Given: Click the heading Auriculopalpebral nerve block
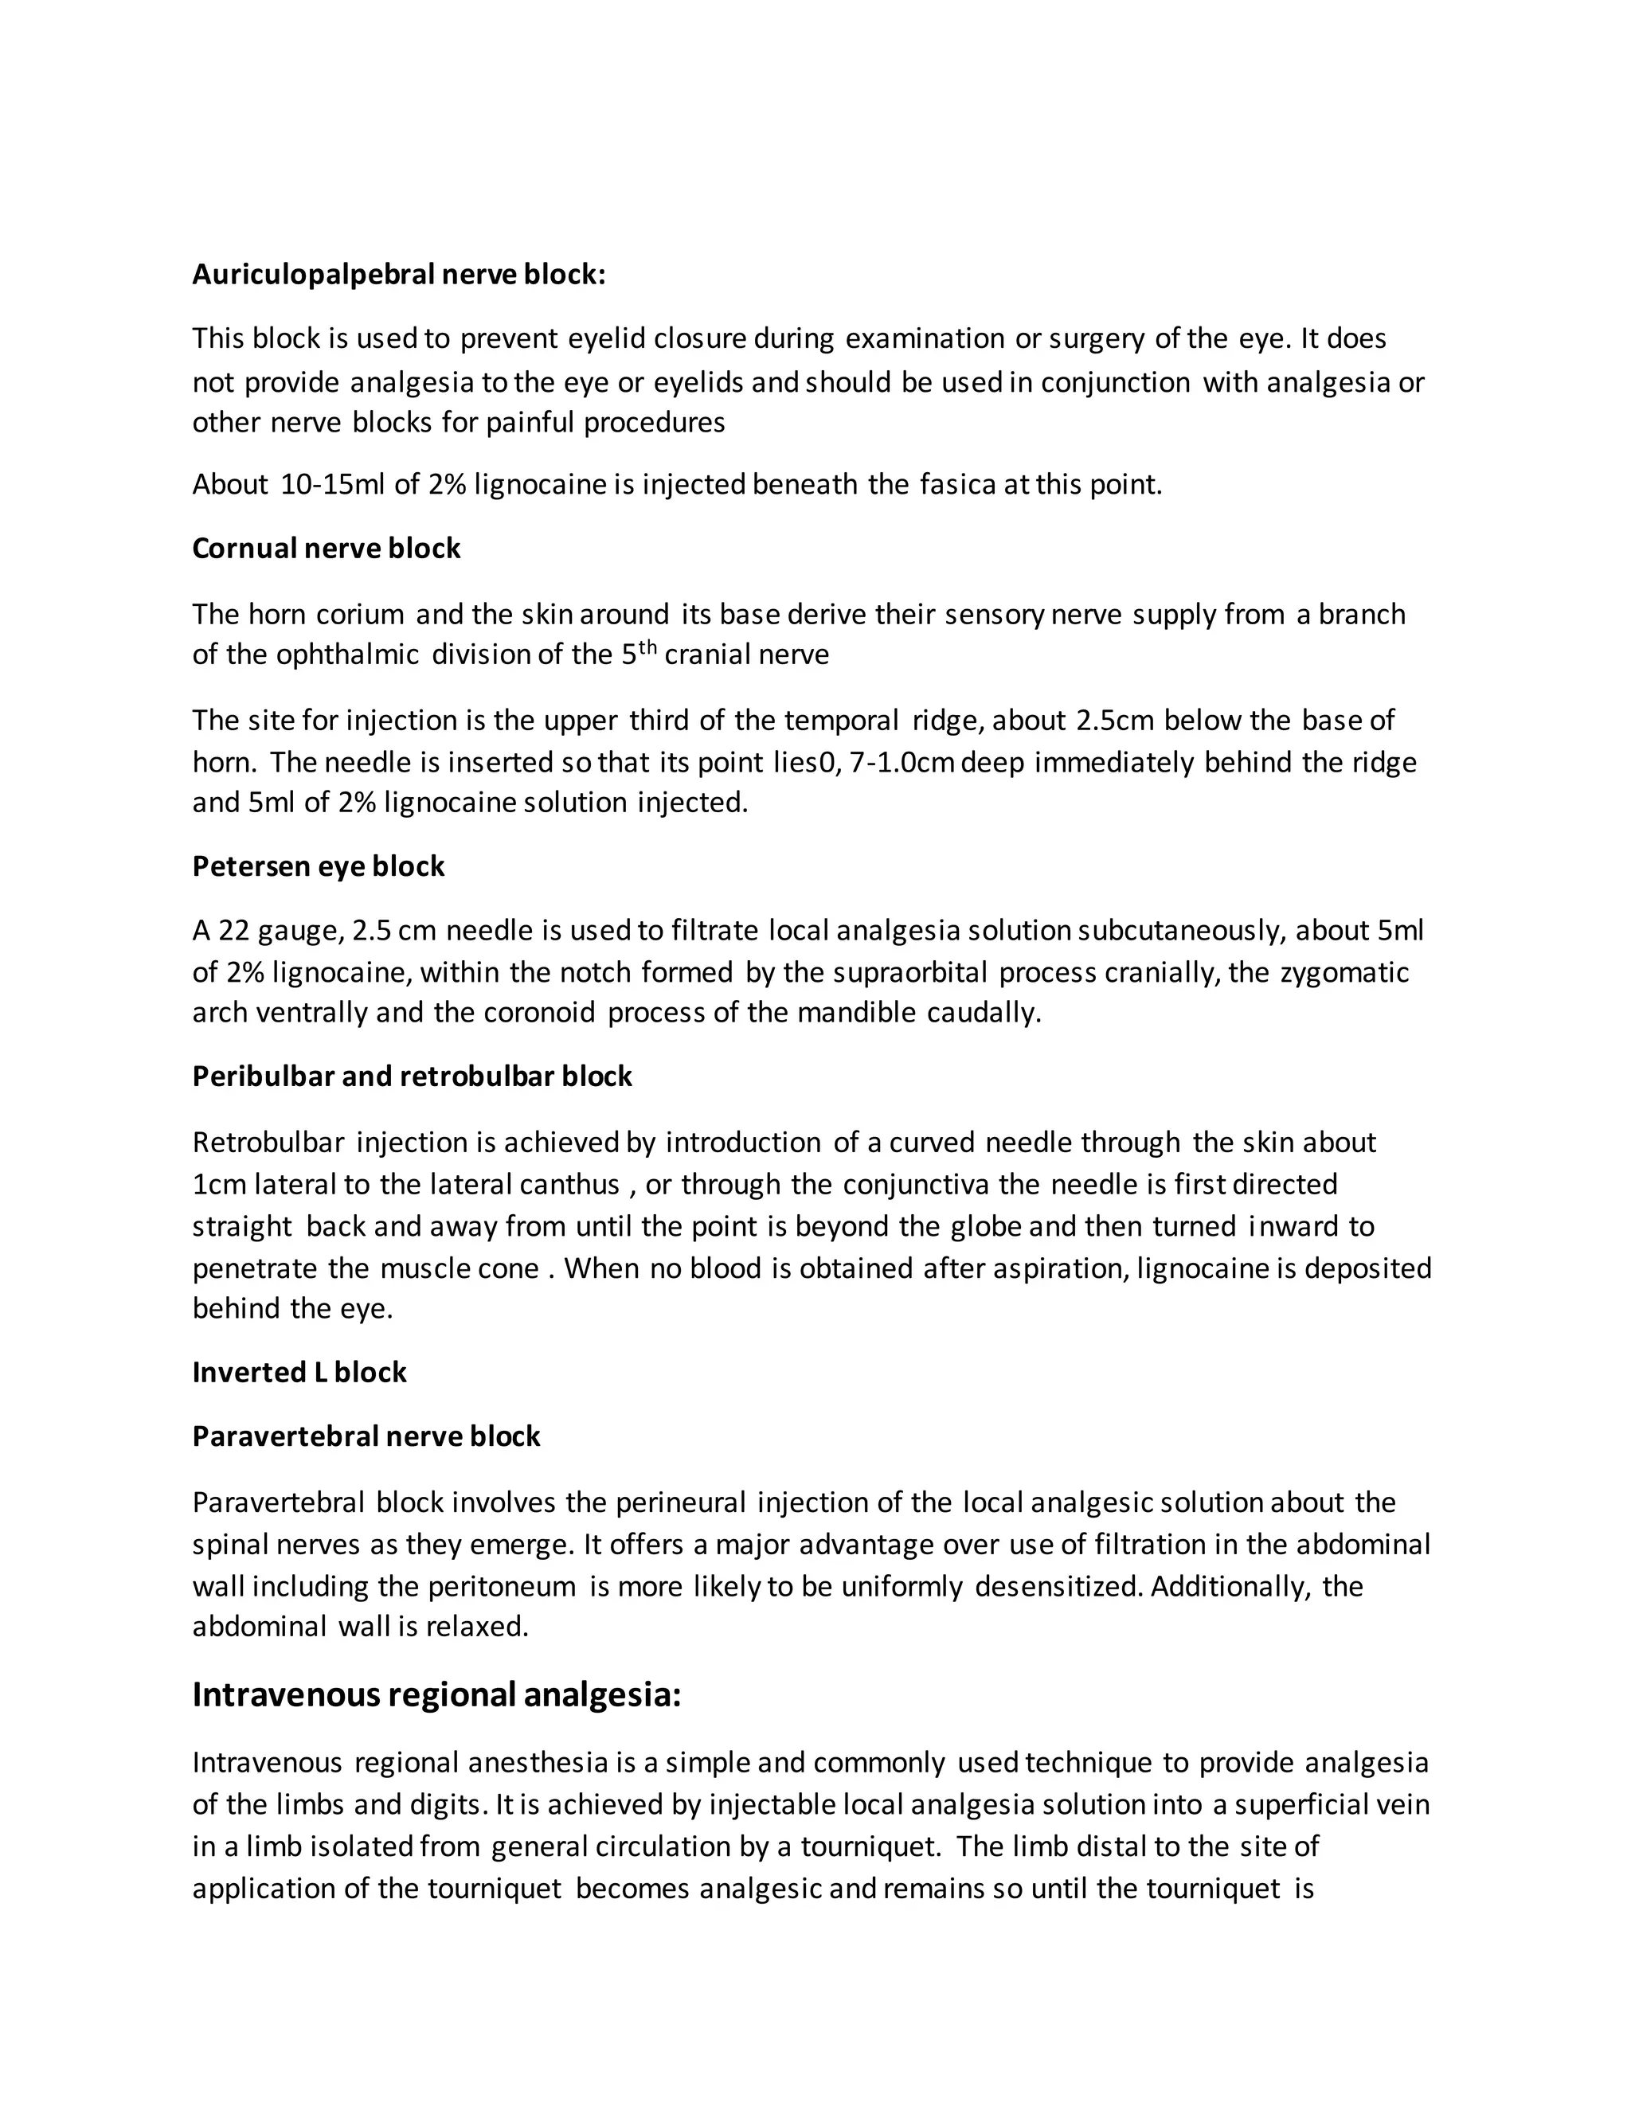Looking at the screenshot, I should click(398, 275).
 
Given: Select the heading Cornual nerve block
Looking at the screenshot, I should click(326, 548).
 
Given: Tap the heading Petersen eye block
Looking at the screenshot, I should click(318, 865).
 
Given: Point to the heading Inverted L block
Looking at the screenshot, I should click(299, 1372).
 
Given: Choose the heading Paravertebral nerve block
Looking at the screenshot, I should click(366, 1436).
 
